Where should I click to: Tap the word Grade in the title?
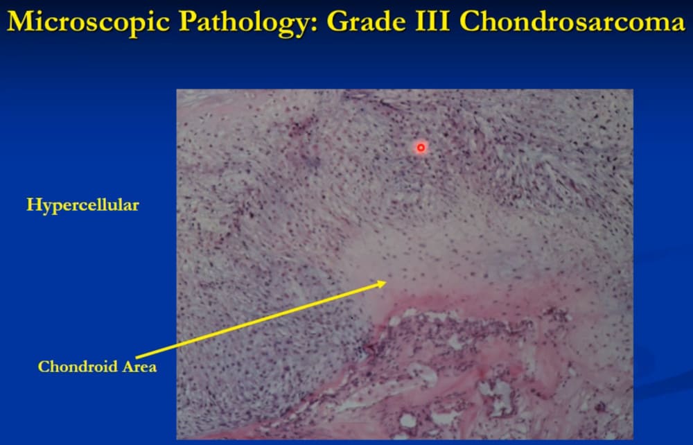pyautogui.click(x=366, y=21)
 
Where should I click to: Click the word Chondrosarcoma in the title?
pyautogui.click(x=572, y=21)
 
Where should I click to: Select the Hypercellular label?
pyautogui.click(x=82, y=205)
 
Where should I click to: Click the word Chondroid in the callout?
pyautogui.click(x=77, y=367)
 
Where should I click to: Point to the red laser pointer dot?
pyautogui.click(x=421, y=148)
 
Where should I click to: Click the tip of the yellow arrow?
pyautogui.click(x=387, y=282)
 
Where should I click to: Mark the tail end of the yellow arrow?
pyautogui.click(x=136, y=357)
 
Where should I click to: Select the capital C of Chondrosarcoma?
pyautogui.click(x=470, y=21)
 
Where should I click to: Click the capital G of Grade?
pyautogui.click(x=338, y=21)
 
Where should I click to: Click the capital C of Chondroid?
pyautogui.click(x=44, y=367)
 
